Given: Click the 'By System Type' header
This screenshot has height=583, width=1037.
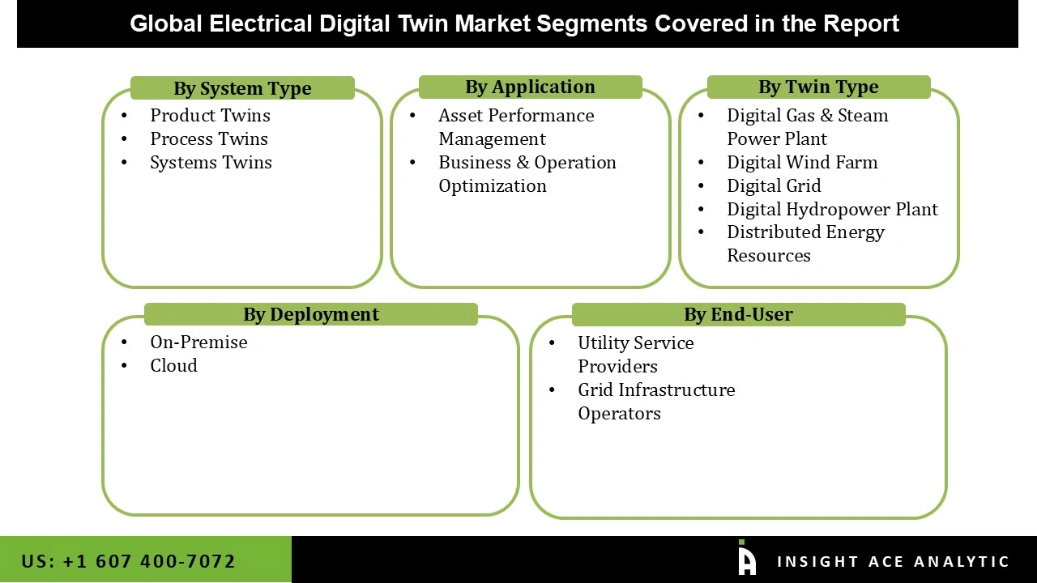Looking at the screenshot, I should click(242, 88).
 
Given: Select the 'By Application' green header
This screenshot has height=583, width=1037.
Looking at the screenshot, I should click(530, 87).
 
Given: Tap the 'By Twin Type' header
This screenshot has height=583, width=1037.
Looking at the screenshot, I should click(818, 87).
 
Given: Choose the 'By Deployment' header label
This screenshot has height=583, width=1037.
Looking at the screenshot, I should click(311, 314).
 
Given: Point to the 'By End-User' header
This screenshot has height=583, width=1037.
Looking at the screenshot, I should click(738, 314).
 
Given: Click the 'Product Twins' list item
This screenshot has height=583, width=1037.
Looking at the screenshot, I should click(210, 115).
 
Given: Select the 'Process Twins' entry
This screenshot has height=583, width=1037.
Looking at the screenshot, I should click(208, 138).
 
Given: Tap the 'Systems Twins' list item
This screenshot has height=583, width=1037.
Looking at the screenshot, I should click(211, 162).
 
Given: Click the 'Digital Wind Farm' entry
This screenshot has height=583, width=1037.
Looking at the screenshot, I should click(801, 162).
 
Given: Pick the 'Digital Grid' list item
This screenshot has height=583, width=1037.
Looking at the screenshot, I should click(774, 185).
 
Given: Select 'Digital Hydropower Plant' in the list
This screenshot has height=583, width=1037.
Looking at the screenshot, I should click(832, 209).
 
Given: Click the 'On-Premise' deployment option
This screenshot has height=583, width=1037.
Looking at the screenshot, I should click(198, 342).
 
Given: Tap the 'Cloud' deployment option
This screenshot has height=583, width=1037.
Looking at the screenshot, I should click(173, 365).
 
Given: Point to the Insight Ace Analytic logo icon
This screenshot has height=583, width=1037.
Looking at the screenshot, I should click(746, 559).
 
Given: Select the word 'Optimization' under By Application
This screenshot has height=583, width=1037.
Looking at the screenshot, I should click(493, 185).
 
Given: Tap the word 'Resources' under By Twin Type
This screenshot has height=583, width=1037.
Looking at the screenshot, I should click(768, 255).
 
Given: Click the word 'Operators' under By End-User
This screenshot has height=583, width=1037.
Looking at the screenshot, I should click(619, 413).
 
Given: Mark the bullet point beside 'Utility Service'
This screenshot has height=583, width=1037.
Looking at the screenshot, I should click(552, 343).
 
